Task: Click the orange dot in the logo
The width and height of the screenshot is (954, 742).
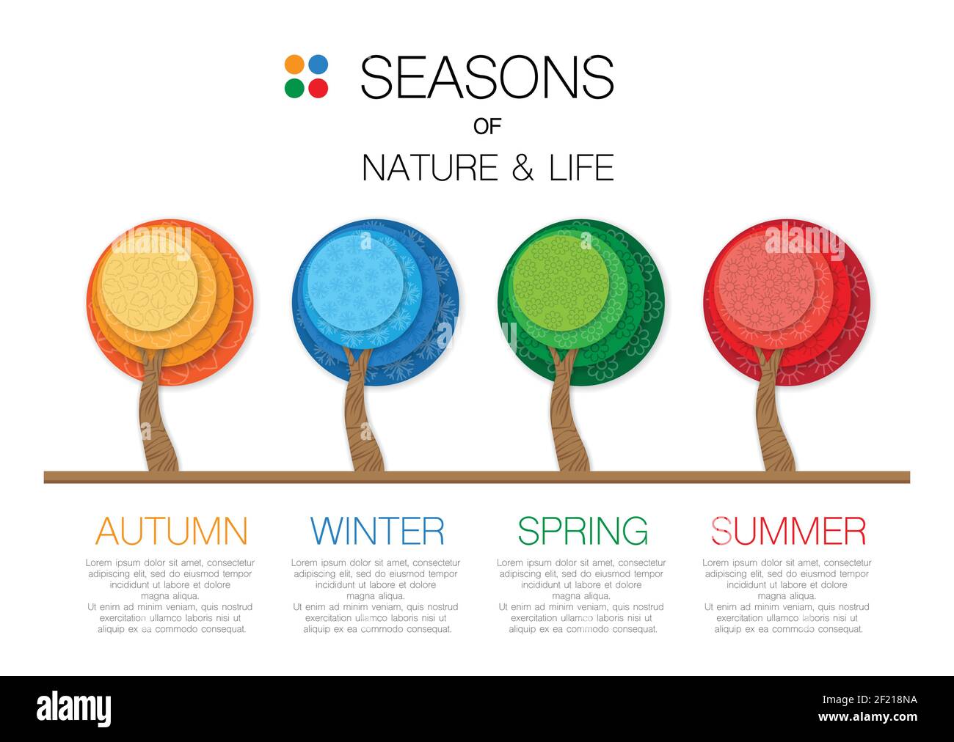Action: pyautogui.click(x=294, y=65)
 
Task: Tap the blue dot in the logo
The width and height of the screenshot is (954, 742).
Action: pyautogui.click(x=318, y=65)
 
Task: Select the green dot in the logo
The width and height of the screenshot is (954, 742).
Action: pyautogui.click(x=294, y=88)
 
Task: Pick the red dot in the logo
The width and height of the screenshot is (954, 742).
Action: pyautogui.click(x=318, y=88)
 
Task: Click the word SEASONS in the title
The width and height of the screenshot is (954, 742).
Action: pyautogui.click(x=487, y=77)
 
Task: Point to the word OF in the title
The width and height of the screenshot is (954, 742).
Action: pyautogui.click(x=487, y=126)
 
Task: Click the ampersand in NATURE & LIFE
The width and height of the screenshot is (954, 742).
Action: pyautogui.click(x=522, y=168)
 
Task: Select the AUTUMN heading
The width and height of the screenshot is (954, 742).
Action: pyautogui.click(x=172, y=531)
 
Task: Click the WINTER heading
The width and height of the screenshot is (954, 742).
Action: pyautogui.click(x=377, y=531)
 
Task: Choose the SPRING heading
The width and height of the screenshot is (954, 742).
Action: pyautogui.click(x=583, y=531)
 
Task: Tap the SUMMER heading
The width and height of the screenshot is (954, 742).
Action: pyautogui.click(x=788, y=531)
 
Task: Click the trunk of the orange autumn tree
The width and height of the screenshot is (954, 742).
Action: pyautogui.click(x=156, y=425)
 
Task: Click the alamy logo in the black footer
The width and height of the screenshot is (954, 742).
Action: pyautogui.click(x=74, y=709)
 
